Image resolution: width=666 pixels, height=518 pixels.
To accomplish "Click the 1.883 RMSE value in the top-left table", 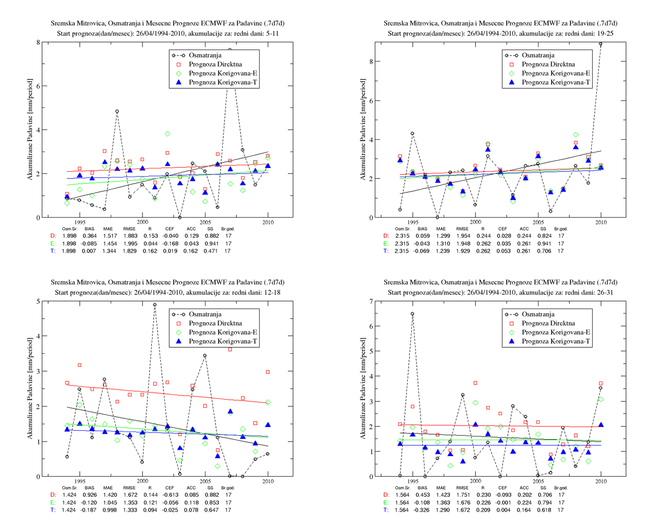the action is click(130, 236).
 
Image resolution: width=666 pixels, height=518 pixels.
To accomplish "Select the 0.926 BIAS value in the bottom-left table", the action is click(89, 495).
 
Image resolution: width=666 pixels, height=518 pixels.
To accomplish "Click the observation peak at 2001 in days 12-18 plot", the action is click(155, 305).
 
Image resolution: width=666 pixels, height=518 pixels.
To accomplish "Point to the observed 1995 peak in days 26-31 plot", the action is click(413, 314).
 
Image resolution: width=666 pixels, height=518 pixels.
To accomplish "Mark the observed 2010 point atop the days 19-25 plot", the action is click(601, 44).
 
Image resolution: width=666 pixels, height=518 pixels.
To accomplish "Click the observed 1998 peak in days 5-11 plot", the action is click(117, 112).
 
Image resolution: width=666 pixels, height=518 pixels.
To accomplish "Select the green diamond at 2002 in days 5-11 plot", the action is click(167, 134).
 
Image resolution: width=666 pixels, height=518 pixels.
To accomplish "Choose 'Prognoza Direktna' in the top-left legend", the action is click(215, 64).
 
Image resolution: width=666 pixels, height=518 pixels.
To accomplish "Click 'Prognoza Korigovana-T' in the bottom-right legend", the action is click(556, 341).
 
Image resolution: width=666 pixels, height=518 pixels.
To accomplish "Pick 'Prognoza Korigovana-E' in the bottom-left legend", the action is click(223, 332).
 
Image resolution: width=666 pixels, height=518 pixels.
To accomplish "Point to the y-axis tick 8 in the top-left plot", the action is click(38, 42).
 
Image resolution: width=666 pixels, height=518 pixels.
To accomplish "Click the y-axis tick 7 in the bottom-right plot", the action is click(371, 301).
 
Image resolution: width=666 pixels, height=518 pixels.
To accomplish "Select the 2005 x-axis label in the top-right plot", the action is click(538, 223).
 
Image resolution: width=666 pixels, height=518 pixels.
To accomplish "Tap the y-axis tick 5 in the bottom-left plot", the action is click(38, 301).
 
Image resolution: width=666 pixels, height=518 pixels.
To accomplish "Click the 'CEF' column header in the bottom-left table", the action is click(169, 488).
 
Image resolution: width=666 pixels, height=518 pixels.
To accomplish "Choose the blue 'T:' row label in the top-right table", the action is click(386, 251).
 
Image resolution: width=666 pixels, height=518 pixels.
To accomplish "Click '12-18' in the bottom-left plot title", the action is click(272, 292).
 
